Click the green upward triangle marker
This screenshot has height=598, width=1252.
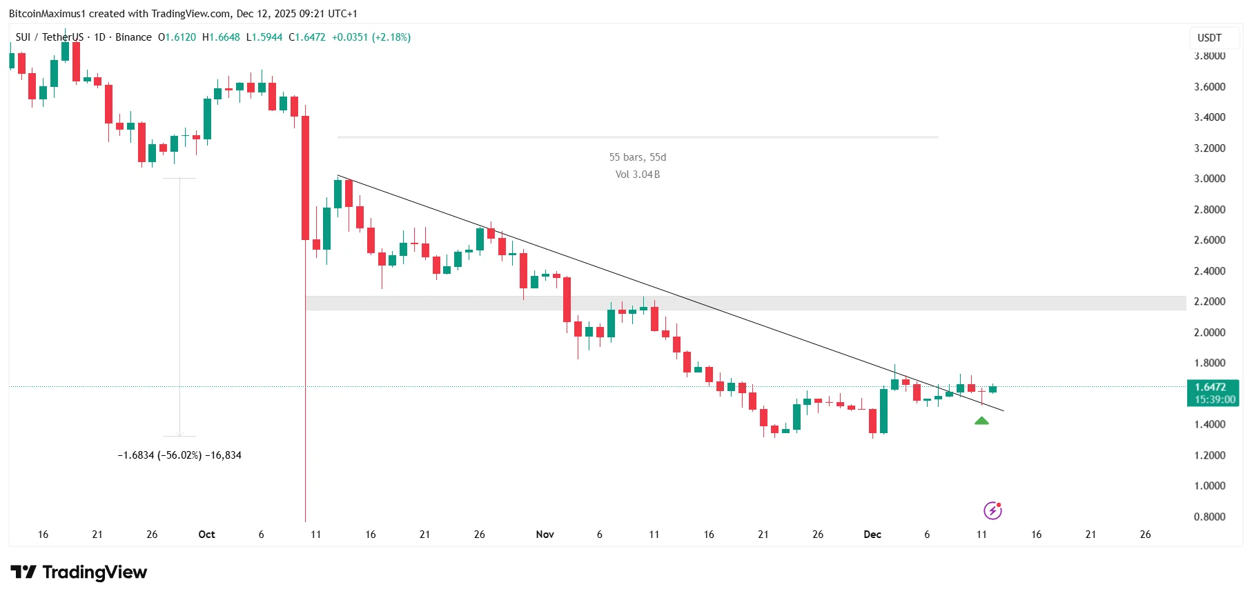[x=981, y=421]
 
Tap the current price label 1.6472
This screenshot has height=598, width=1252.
[x=1211, y=387]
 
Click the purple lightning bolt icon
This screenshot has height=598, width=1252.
[x=992, y=510]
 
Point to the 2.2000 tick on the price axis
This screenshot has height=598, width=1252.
[x=1209, y=301]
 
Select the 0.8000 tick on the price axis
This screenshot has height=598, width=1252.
[x=1209, y=517]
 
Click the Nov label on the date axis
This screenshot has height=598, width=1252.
[x=545, y=535]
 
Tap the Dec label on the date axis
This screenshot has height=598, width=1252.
[x=872, y=535]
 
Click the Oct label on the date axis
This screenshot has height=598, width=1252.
[x=206, y=535]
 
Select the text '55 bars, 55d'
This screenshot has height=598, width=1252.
[x=637, y=157]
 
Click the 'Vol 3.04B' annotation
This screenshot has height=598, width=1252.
[x=637, y=175]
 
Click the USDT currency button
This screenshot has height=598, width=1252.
[x=1209, y=38]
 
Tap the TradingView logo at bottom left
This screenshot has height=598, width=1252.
[x=79, y=572]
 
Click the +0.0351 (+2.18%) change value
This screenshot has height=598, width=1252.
[x=371, y=37]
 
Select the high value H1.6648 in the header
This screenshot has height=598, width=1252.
[x=221, y=37]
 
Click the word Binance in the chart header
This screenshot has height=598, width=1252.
[x=133, y=37]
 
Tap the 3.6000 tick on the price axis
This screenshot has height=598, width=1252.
[x=1209, y=87]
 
